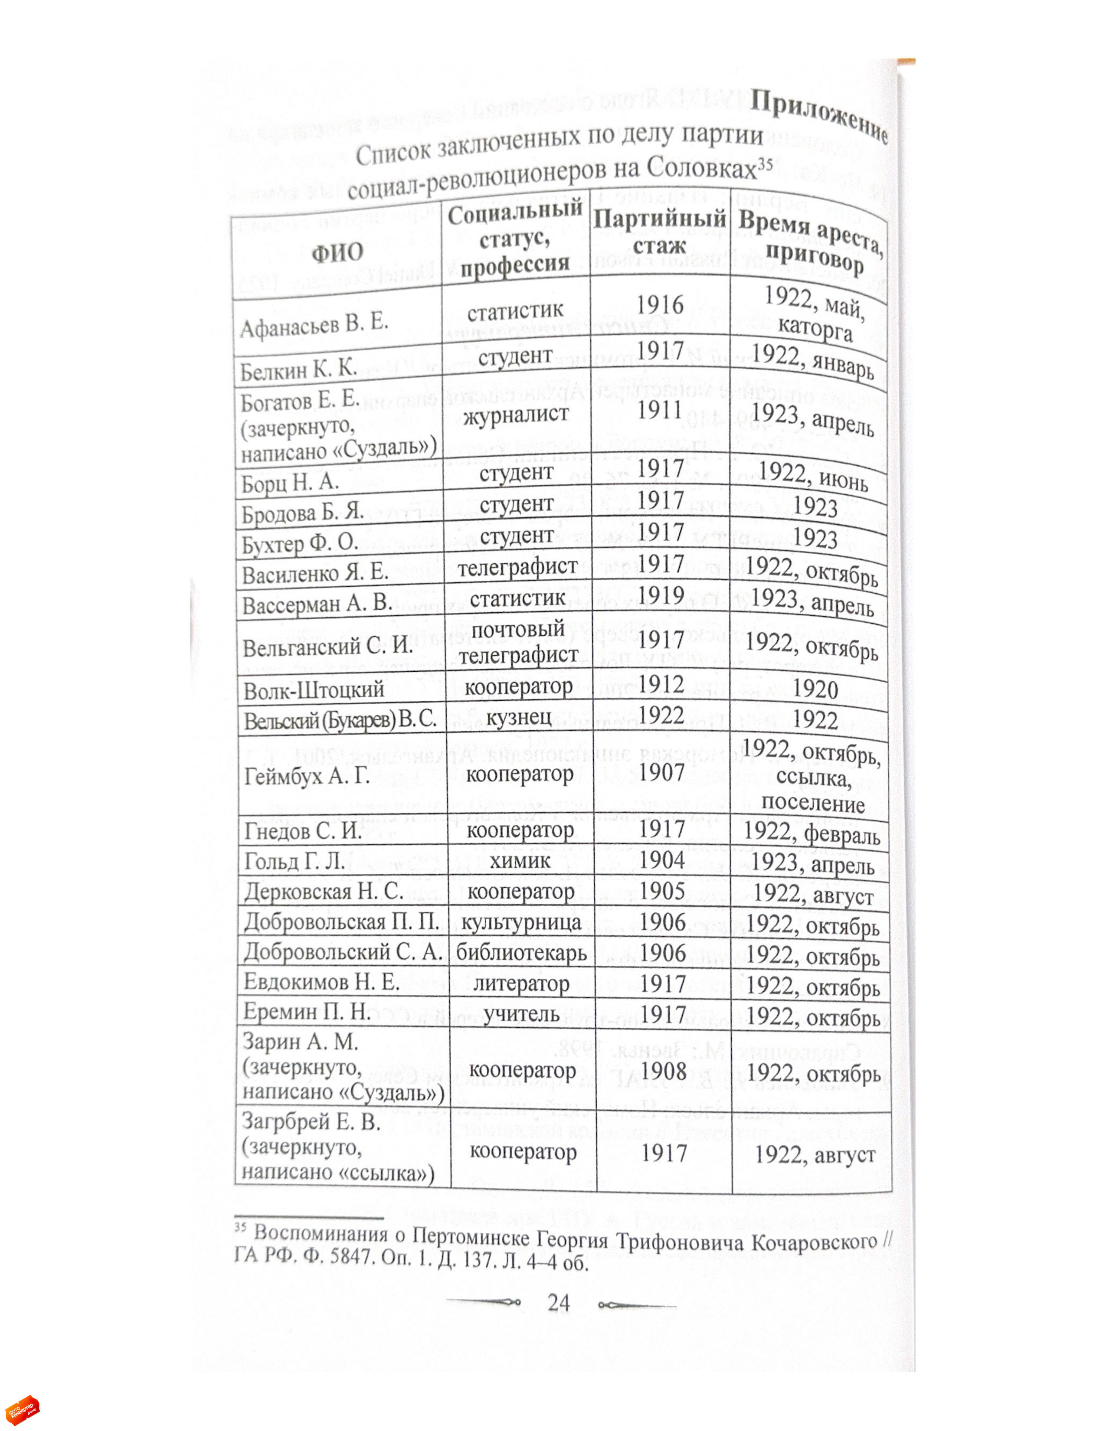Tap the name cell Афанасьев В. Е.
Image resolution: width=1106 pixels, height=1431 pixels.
pyautogui.click(x=314, y=325)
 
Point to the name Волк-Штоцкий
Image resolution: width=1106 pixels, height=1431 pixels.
pyautogui.click(x=314, y=690)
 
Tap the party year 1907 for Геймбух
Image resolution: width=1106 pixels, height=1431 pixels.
pyautogui.click(x=662, y=773)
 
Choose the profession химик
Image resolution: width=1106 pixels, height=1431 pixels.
pyautogui.click(x=520, y=859)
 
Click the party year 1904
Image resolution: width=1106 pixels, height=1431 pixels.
pyautogui.click(x=662, y=859)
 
